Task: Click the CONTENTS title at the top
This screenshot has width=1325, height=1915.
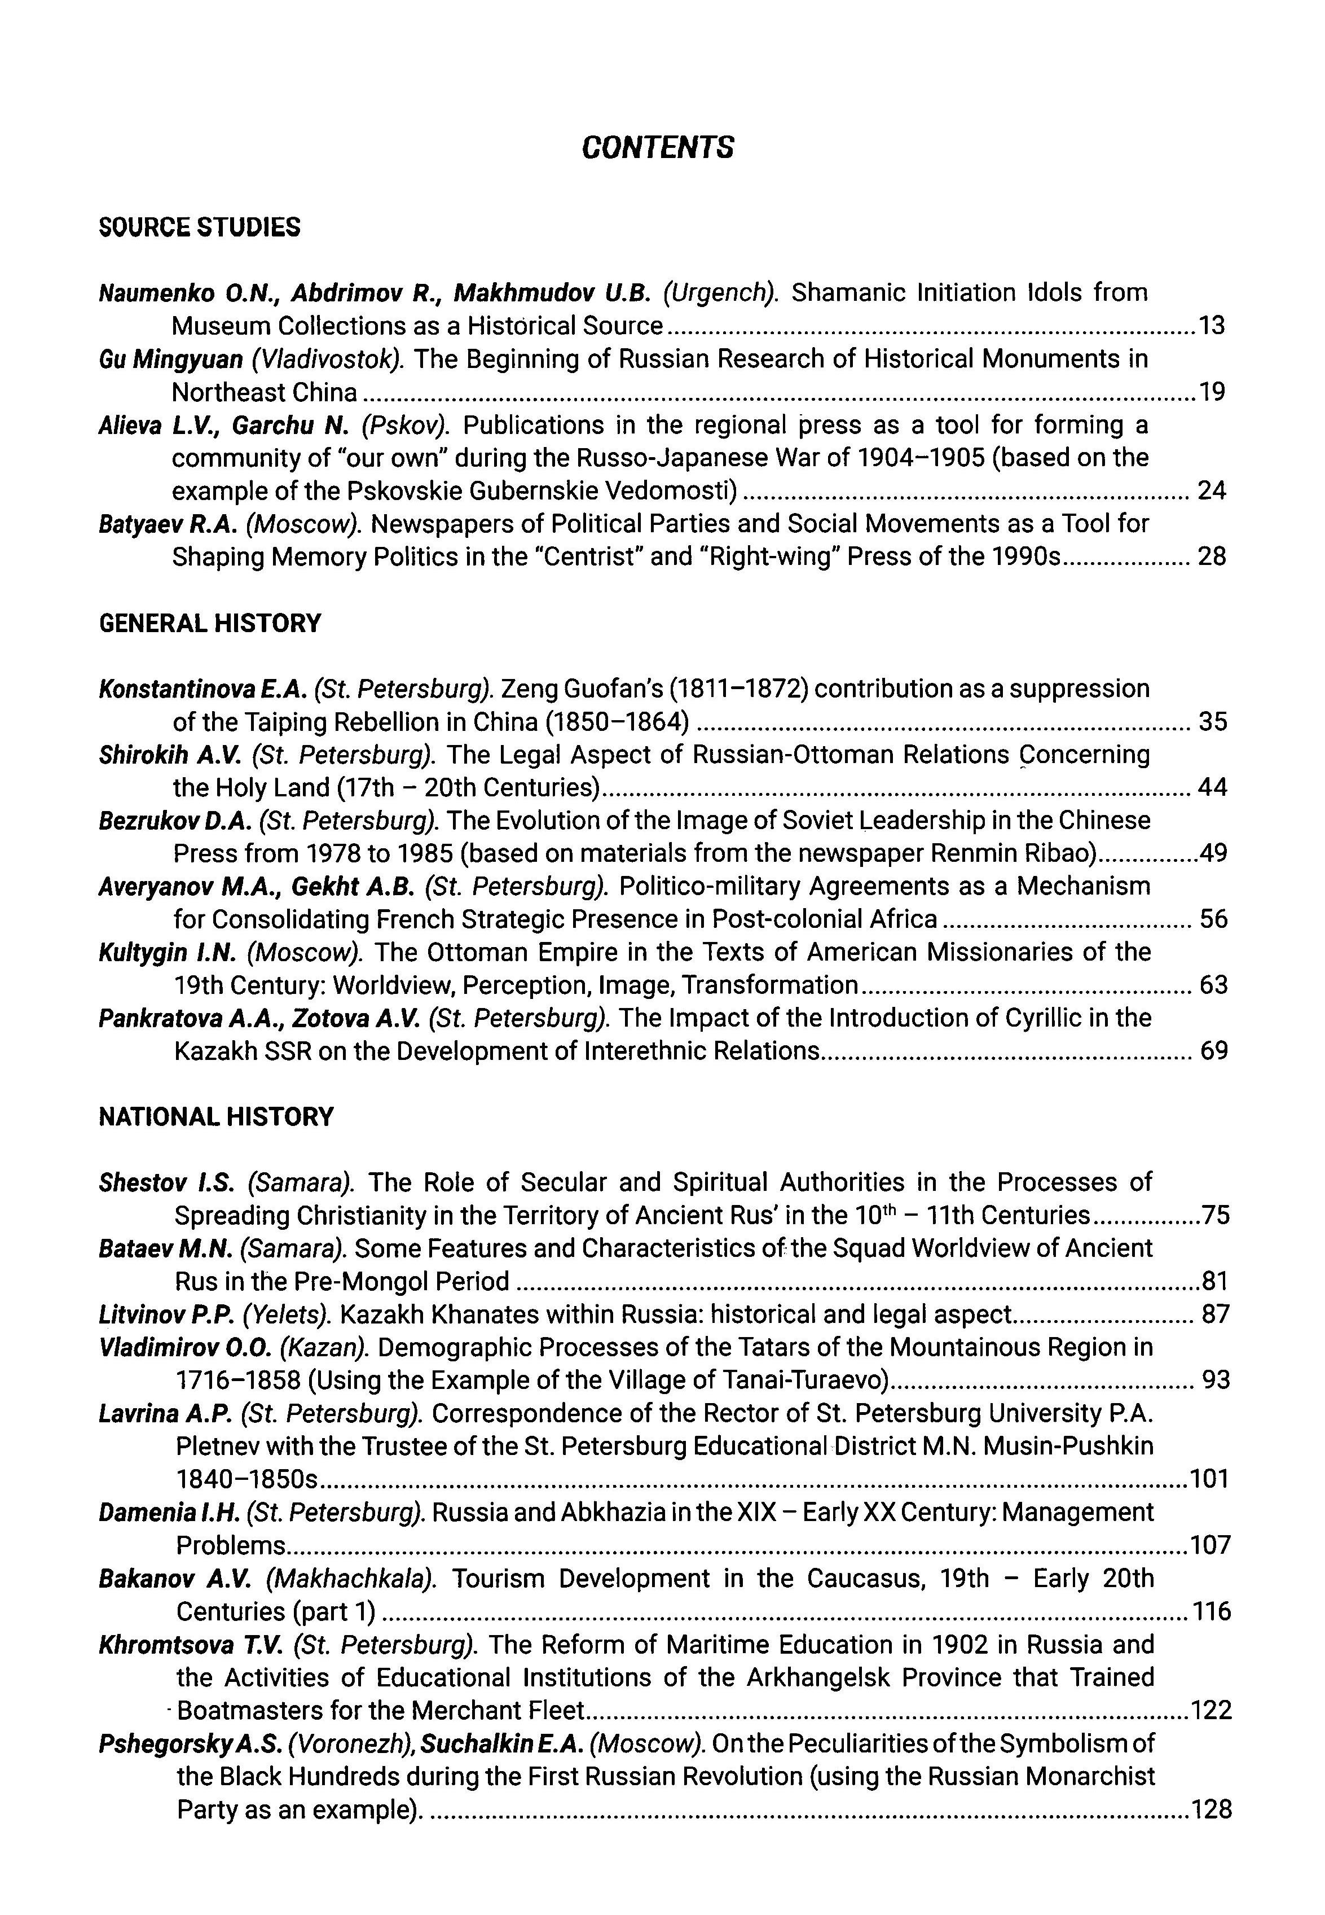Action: click(658, 148)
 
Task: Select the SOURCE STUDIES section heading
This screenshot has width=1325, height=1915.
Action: click(199, 227)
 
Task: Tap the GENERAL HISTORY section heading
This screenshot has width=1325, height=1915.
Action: click(209, 623)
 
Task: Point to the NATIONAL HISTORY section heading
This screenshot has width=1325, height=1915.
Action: click(216, 1117)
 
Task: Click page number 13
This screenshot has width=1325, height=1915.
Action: click(1211, 326)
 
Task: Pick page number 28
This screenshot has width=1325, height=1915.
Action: click(1211, 556)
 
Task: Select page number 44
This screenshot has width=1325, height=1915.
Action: click(1212, 787)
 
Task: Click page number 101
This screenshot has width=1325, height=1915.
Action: click(1209, 1479)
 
